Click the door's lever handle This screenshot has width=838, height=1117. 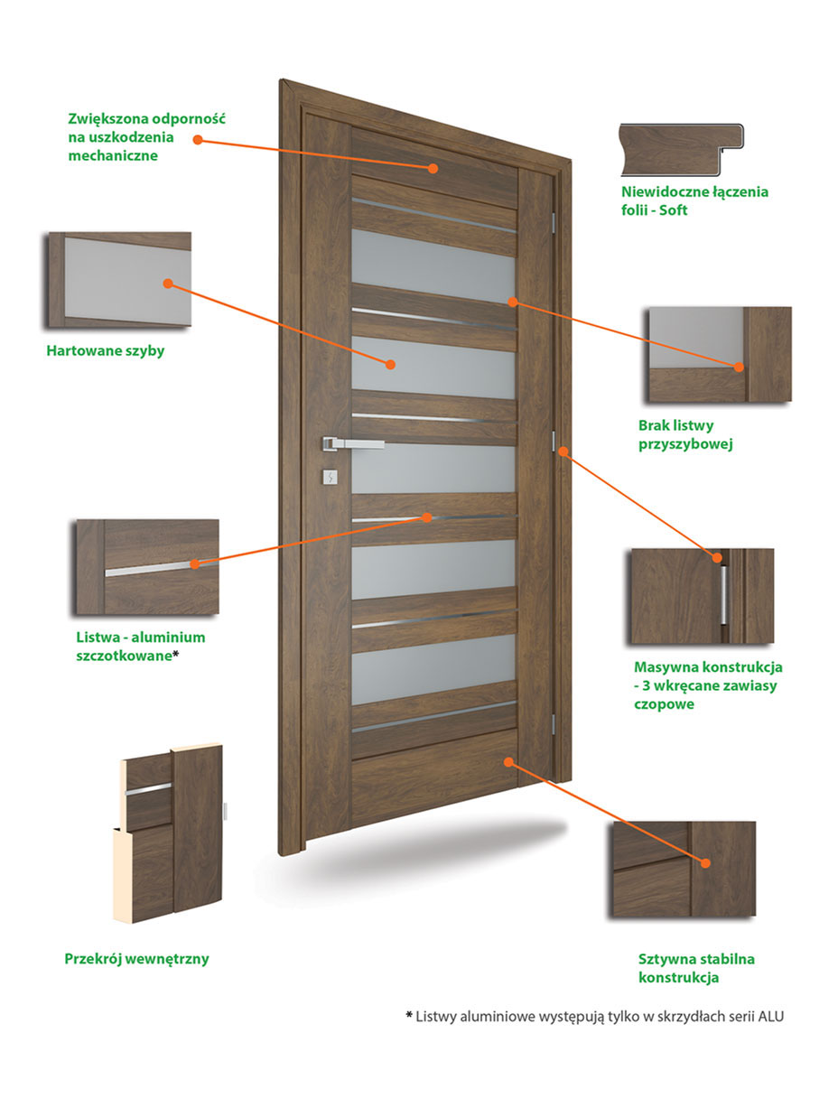[352, 442]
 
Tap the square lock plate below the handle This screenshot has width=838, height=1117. [330, 477]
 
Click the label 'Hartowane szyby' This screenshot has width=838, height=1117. [106, 351]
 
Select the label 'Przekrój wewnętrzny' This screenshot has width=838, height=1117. [136, 959]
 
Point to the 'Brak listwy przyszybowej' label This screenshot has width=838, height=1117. [685, 434]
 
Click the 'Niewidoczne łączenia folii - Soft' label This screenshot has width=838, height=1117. [694, 200]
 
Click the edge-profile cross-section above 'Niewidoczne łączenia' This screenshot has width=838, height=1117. [681, 149]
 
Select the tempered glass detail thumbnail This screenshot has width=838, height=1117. [120, 279]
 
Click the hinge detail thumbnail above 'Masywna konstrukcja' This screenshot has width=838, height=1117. [703, 596]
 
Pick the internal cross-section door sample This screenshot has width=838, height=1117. [168, 833]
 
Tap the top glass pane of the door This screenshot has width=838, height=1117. [433, 265]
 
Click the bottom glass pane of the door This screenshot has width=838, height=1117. [433, 669]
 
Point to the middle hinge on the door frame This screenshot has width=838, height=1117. [554, 442]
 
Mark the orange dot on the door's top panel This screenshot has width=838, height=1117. [433, 168]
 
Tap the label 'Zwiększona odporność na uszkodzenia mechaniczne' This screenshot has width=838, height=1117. [146, 137]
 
